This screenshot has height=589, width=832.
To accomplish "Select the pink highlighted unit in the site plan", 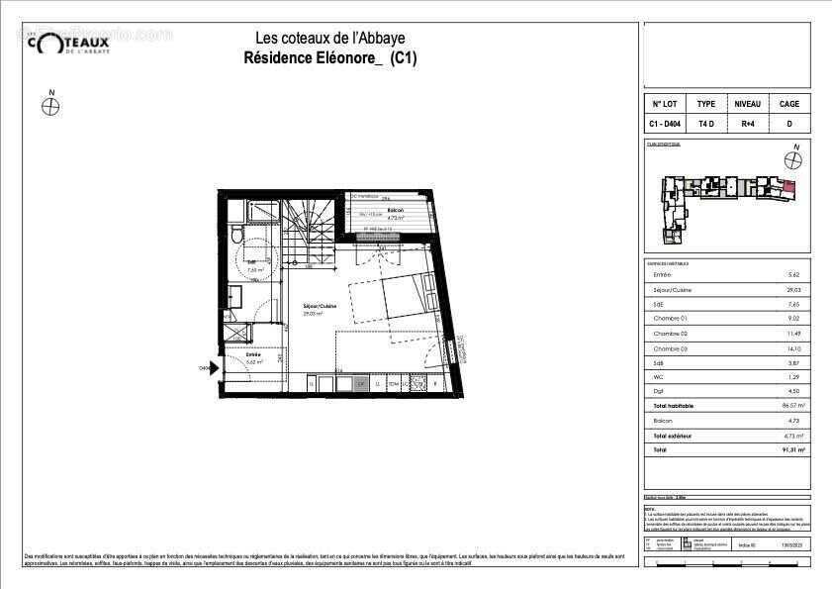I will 788,184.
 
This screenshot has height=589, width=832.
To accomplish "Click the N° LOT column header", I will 664,104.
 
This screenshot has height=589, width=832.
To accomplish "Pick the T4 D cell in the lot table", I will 705,125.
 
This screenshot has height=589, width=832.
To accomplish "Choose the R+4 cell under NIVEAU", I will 747,125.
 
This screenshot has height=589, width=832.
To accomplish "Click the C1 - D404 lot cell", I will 664,125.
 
